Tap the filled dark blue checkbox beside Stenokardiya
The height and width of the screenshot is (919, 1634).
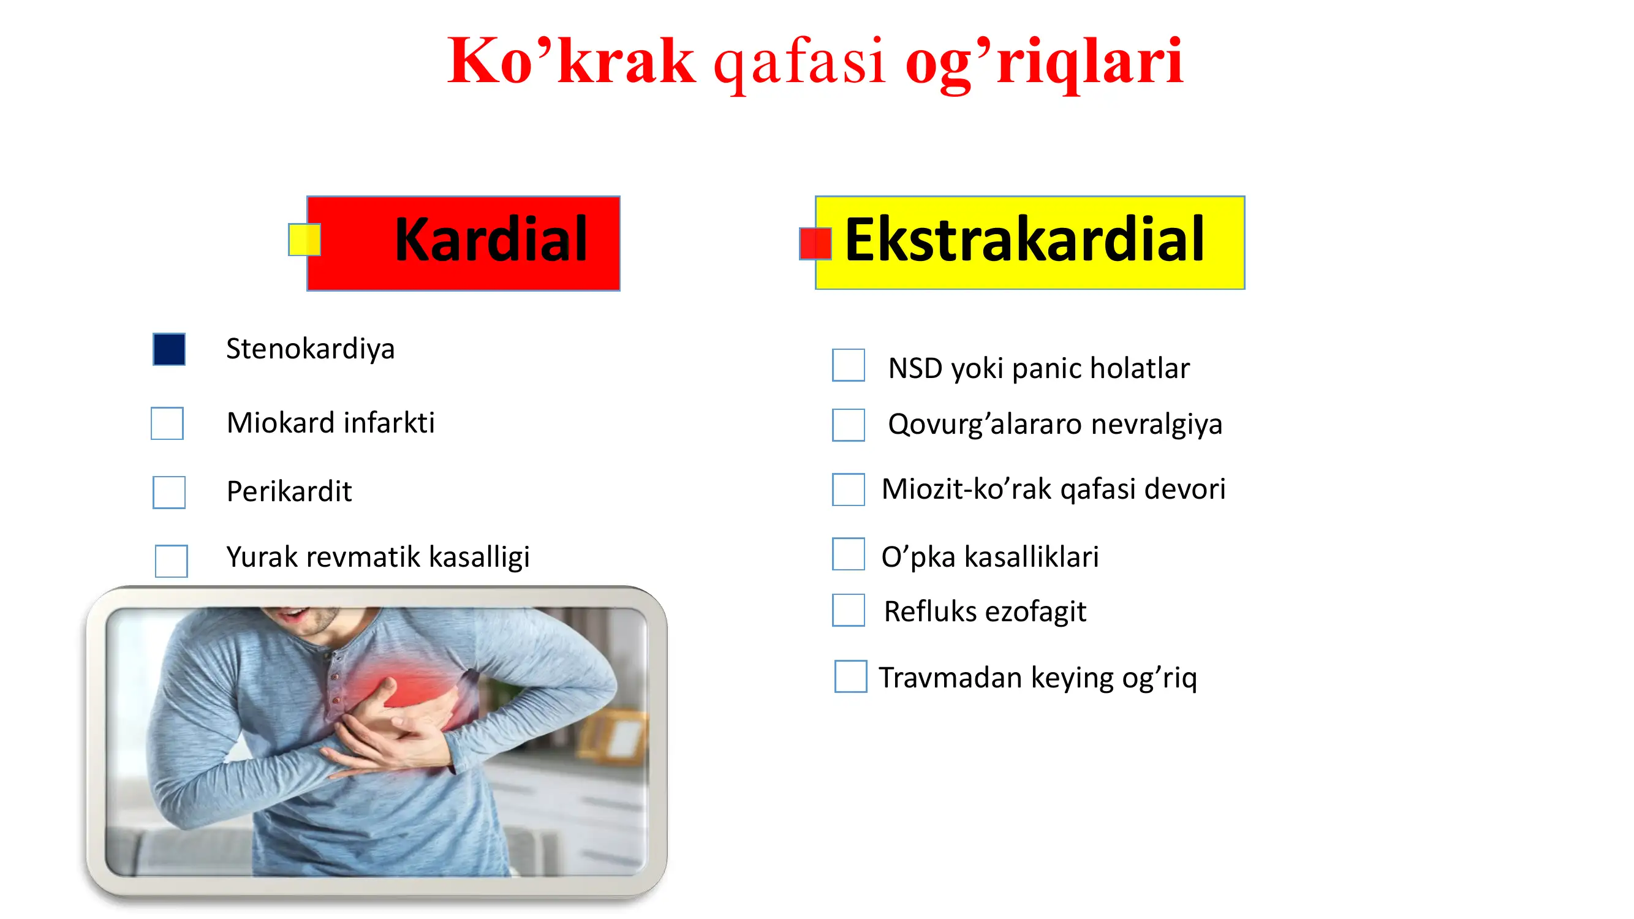coord(169,349)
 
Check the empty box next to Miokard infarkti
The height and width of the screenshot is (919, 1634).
coord(167,423)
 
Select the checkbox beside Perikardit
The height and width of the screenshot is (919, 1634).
coord(169,492)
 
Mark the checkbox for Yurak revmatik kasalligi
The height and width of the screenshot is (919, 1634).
coord(172,561)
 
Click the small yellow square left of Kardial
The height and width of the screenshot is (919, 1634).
coord(304,240)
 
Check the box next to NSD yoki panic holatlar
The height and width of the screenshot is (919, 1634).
coord(848,365)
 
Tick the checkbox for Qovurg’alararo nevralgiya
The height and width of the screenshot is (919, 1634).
coord(848,425)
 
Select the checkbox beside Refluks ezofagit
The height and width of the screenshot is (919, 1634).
coord(848,610)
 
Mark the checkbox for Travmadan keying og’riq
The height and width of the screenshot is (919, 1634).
coord(850,676)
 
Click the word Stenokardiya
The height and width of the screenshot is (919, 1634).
coord(310,349)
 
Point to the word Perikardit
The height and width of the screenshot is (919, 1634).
coord(289,491)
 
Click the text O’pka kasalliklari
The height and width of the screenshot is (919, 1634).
coord(989,557)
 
